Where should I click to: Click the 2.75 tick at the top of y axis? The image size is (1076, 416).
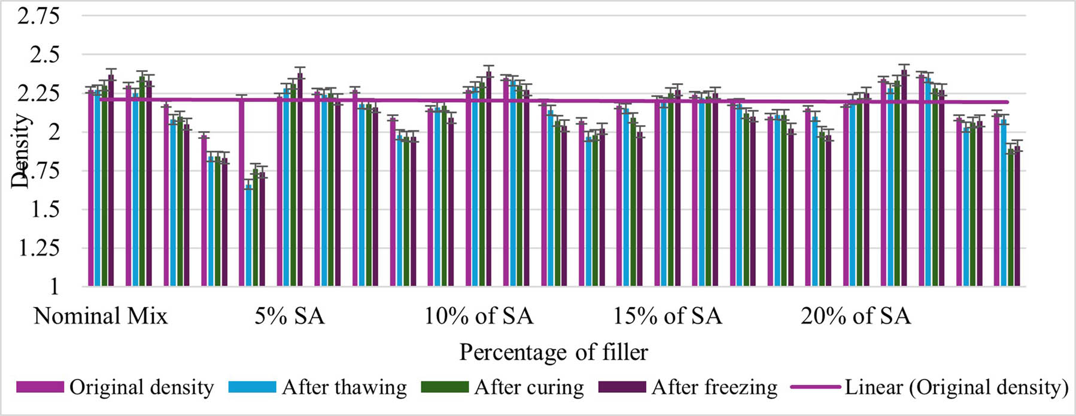[38, 16]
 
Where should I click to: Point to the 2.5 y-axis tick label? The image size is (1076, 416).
[44, 55]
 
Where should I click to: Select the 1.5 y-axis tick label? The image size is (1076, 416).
[44, 209]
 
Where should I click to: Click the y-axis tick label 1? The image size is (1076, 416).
[54, 286]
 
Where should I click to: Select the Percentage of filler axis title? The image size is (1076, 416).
[553, 352]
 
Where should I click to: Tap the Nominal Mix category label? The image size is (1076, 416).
[101, 316]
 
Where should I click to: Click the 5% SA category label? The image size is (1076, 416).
[289, 316]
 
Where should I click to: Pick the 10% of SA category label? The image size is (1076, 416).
[478, 316]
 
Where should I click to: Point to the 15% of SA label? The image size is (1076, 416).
[667, 316]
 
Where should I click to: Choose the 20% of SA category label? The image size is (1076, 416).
[856, 316]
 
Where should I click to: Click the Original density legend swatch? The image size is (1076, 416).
[39, 387]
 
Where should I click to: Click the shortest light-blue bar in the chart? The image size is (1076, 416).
[248, 236]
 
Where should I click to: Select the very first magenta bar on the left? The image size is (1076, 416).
[91, 189]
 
